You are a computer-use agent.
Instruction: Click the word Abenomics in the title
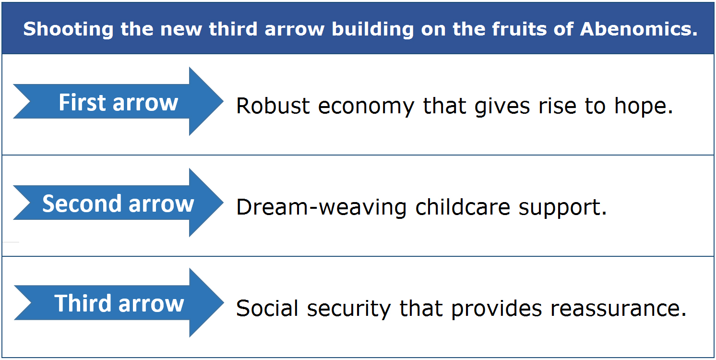click(x=638, y=29)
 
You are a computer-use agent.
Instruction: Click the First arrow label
click(x=118, y=103)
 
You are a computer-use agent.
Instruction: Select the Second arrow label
click(x=118, y=204)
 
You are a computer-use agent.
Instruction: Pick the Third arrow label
click(x=119, y=303)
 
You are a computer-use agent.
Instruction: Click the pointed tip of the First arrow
click(x=223, y=101)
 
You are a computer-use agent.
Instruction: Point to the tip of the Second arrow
click(x=223, y=203)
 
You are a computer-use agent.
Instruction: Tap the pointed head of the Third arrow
click(x=224, y=302)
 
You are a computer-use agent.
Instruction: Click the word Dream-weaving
click(x=321, y=207)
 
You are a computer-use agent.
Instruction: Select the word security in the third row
click(x=349, y=309)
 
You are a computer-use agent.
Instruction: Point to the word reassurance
click(x=618, y=309)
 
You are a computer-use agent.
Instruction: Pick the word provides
click(x=496, y=309)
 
